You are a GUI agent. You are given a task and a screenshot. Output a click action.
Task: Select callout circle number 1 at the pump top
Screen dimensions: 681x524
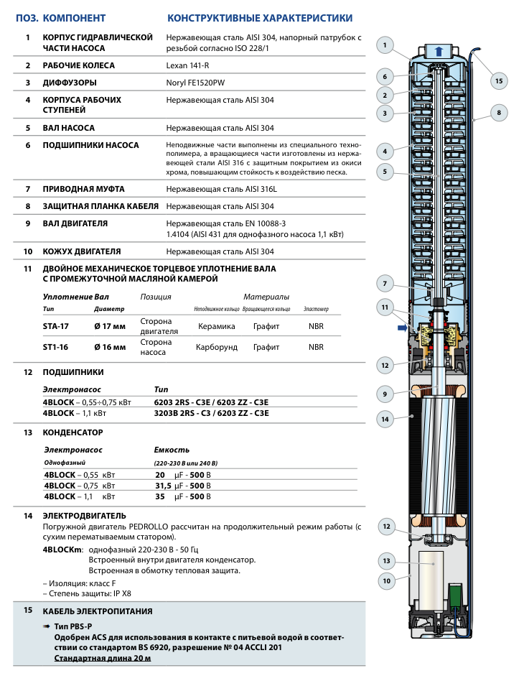tap(385, 46)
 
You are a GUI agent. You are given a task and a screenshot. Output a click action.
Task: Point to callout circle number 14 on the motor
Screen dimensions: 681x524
tap(385, 419)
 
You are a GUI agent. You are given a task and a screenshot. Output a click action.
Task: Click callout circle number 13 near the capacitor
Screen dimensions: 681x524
tap(385, 560)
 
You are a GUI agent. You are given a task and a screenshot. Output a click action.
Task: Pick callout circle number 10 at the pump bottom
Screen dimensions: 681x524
tap(385, 580)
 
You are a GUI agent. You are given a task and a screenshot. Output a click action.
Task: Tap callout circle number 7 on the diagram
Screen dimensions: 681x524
tap(385, 282)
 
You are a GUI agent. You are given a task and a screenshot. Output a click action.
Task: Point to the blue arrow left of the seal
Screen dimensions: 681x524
tap(400, 328)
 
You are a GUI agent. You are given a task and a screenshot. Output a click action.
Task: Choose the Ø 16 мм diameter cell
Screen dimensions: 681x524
tap(110, 347)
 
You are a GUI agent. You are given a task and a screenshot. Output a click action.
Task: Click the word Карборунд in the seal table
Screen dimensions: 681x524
tap(216, 347)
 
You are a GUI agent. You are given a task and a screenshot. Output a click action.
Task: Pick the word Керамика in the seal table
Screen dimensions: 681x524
tap(216, 326)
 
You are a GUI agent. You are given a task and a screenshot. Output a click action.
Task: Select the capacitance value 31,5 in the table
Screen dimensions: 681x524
tap(165, 486)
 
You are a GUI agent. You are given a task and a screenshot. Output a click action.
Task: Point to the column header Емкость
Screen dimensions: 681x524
tap(172, 450)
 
